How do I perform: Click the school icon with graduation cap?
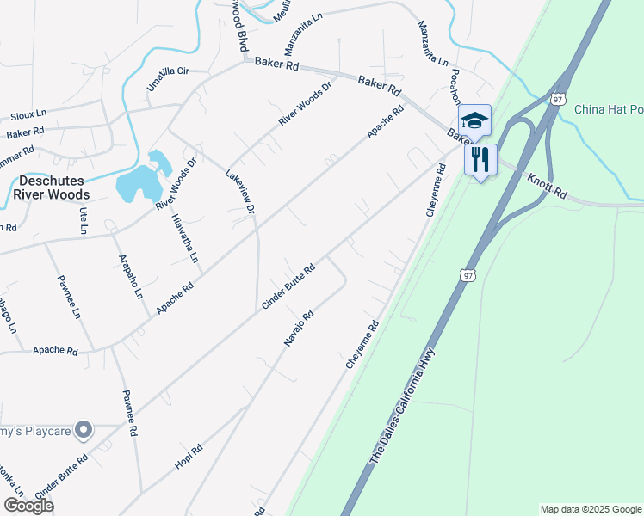pos(474,120)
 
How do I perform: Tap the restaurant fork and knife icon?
pos(480,159)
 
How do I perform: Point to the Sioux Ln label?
pos(28,114)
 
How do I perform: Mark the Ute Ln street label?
pos(84,220)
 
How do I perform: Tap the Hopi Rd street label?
pos(189,456)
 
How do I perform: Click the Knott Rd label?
pos(548,187)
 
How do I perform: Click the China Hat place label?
pos(608,109)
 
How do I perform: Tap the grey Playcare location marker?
pos(83,428)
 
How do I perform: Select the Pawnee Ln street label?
pos(69,297)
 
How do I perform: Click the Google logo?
pos(28,506)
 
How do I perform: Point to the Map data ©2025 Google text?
pos(590,509)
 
